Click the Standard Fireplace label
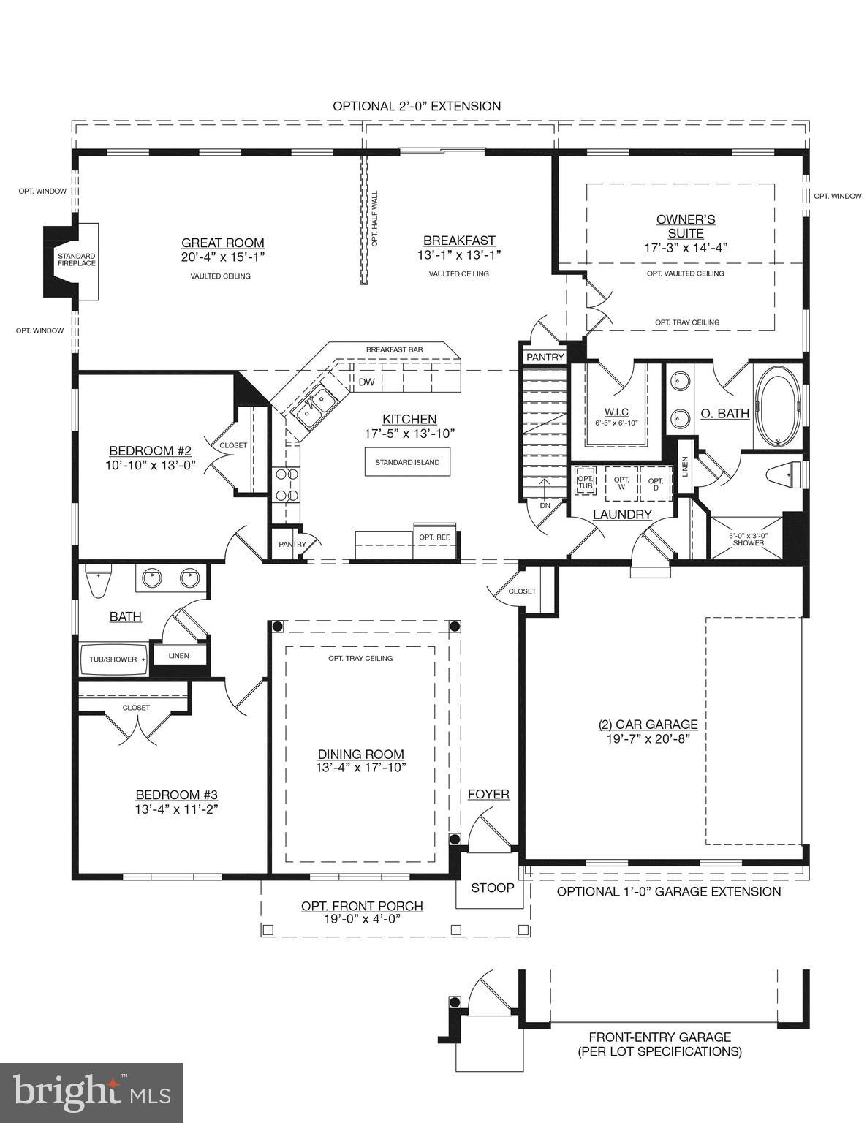click(x=77, y=259)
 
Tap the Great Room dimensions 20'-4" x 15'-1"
click(x=222, y=257)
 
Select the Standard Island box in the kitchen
click(x=407, y=462)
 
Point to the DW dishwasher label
click(x=366, y=382)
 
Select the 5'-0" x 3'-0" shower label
click(x=748, y=540)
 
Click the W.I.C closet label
click(x=616, y=412)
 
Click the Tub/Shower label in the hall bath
click(x=113, y=659)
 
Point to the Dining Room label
click(x=360, y=755)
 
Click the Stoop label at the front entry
click(x=492, y=888)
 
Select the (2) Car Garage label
click(x=648, y=725)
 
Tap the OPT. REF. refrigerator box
click(x=434, y=537)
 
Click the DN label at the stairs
click(x=545, y=505)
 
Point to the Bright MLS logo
click(x=91, y=1093)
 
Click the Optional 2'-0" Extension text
click(x=417, y=106)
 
